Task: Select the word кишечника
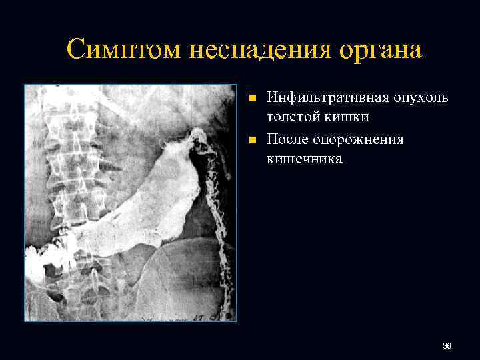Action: click(x=304, y=159)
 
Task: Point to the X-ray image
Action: click(x=131, y=203)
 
